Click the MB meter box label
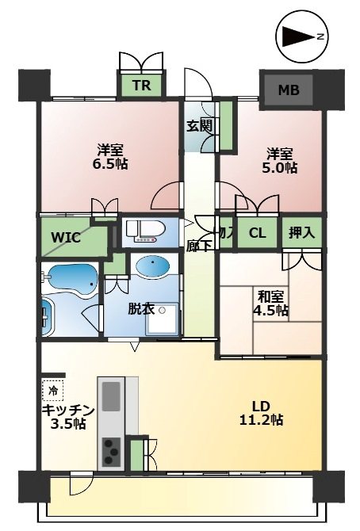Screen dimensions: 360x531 289,90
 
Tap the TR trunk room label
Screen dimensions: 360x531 142,86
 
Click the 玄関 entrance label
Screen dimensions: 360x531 200,126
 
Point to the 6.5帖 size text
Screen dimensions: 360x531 110,164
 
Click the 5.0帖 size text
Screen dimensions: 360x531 280,168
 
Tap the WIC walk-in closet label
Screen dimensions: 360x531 66,238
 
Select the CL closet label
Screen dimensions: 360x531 257,233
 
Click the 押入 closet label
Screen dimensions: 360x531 301,233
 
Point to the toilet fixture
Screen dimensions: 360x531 145,231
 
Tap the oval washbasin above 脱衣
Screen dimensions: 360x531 152,265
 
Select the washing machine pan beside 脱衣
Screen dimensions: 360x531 161,319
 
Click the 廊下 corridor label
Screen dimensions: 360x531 200,246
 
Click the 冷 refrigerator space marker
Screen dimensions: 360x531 53,391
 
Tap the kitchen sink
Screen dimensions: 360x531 111,396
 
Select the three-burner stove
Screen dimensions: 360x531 111,451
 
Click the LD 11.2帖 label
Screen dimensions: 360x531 261,413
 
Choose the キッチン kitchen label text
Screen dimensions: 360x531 67,411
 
